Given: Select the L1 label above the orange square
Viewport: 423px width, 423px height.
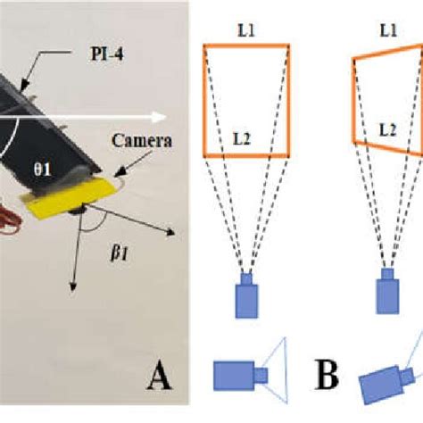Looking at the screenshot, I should coord(247,29).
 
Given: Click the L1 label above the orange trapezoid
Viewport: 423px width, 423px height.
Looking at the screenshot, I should coord(387,29).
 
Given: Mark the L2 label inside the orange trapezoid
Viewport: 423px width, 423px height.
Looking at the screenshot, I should coord(386,130).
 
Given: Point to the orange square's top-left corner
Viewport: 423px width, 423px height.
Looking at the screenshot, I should coord(206,46).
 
